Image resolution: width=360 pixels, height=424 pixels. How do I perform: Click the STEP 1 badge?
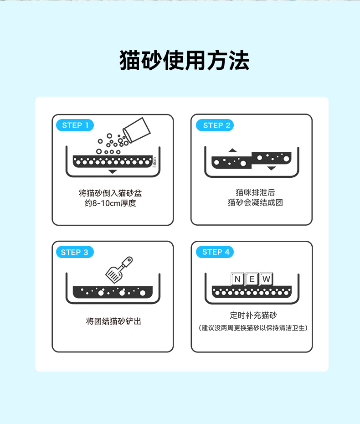coord(75,125)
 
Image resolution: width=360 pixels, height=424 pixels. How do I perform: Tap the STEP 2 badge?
coord(215,125)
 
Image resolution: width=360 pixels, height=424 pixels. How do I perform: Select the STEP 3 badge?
coord(75,252)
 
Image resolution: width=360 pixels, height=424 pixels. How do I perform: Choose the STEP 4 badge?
coord(215,252)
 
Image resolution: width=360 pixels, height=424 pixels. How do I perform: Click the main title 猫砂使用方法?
coord(185,60)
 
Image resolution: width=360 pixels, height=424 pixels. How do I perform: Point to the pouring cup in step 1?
coord(137,130)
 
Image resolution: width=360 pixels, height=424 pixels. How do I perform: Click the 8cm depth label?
coord(154,162)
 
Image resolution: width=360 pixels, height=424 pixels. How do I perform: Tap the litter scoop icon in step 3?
coord(119,270)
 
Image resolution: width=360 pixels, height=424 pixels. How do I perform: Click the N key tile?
coord(237,279)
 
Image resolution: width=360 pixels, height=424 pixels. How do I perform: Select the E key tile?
coord(252,279)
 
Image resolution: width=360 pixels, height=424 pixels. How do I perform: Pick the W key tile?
coord(266,279)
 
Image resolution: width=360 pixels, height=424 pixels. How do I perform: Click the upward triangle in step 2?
coord(232,150)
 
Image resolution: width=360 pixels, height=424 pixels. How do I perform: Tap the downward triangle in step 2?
coord(271,168)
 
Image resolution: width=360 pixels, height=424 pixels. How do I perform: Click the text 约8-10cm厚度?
coord(110,203)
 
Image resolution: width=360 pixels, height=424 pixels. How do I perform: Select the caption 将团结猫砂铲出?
coord(113,321)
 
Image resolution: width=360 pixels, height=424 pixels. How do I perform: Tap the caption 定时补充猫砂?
coord(253,315)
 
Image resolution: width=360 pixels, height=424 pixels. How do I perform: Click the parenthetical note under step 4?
coord(253,328)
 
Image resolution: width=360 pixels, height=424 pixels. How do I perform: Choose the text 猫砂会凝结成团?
coord(255,202)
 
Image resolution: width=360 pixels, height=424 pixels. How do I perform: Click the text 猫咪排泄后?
coord(255,192)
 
